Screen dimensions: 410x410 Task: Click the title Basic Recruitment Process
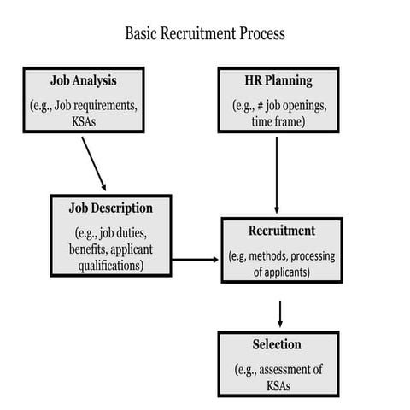[x=204, y=34]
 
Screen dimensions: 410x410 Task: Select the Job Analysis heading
[x=84, y=82]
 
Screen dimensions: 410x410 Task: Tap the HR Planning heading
[x=278, y=82]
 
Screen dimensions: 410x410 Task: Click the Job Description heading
[x=111, y=208]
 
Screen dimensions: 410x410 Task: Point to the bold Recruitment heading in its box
[x=281, y=231]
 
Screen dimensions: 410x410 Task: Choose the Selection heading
[x=277, y=345]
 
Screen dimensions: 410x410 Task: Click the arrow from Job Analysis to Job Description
[x=93, y=162]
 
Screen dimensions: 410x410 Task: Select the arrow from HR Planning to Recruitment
[x=277, y=175]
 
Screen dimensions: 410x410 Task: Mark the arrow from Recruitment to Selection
[x=279, y=313]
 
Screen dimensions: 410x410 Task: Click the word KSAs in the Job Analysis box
[x=83, y=122]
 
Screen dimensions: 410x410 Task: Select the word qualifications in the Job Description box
[x=110, y=265]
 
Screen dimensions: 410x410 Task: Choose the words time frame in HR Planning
[x=278, y=122]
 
